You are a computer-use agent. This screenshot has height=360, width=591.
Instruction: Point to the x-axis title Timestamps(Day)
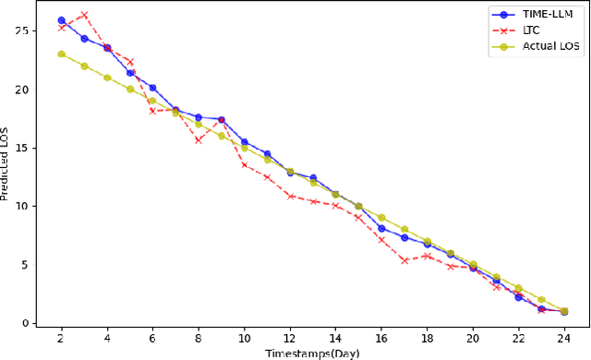pos(312,353)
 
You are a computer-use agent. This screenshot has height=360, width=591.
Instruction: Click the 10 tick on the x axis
pos(244,338)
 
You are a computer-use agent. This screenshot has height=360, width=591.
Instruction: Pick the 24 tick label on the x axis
pos(563,338)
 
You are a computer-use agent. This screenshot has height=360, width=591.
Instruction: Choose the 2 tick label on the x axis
pos(61,338)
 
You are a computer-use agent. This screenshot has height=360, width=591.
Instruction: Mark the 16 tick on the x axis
pos(380,338)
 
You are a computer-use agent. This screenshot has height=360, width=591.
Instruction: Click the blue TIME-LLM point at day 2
pos(61,20)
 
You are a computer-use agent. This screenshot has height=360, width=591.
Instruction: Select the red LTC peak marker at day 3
pos(84,15)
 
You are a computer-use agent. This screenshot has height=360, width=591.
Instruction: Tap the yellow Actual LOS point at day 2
pos(61,54)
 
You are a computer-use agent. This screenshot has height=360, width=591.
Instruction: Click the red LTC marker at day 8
pos(198,140)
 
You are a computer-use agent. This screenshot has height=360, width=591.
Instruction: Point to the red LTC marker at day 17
pos(404,260)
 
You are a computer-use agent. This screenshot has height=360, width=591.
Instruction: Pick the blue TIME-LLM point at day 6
pos(152,88)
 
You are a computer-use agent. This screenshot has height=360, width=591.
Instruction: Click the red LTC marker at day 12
pos(289,196)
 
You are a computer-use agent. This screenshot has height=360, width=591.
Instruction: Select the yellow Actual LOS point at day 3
pos(84,66)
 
